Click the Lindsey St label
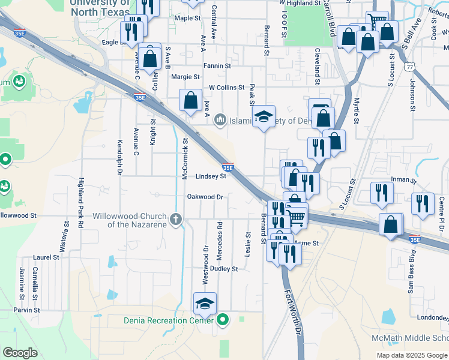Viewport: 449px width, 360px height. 211,176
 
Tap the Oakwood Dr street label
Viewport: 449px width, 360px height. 205,197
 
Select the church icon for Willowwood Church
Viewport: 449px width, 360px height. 175,219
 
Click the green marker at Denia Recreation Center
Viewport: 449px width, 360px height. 223,320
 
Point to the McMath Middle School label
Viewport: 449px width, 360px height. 410,338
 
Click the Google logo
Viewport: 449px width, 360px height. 20,353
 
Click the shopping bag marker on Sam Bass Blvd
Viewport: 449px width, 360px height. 391,226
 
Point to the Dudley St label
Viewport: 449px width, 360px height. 223,269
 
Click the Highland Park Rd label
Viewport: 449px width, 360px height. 80,202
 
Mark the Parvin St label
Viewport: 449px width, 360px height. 27,310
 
